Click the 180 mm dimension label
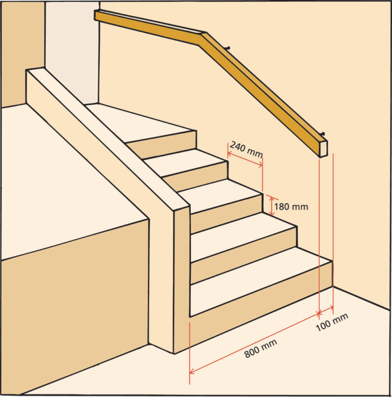pyautogui.click(x=291, y=207)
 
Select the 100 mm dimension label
pyautogui.click(x=332, y=322)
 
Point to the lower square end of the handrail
pyautogui.click(x=322, y=147)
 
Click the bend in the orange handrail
pyautogui.click(x=204, y=35)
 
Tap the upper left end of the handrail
pyautogui.click(x=97, y=15)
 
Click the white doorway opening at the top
pyautogui.click(x=71, y=51)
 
